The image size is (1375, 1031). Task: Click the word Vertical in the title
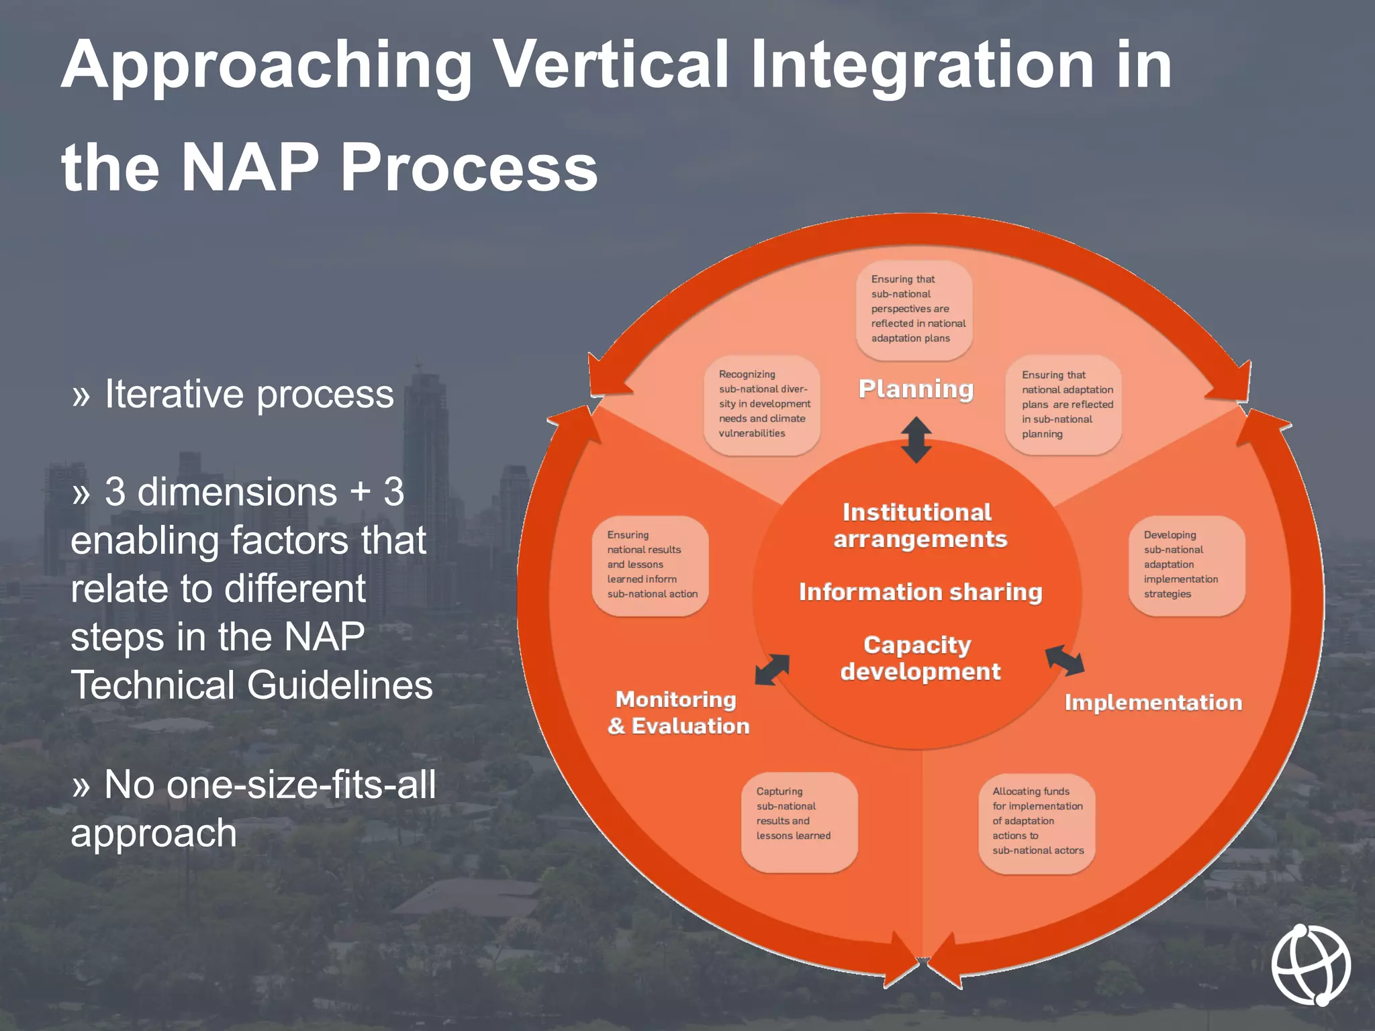point(610,65)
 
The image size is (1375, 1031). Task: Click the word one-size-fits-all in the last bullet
point(302,784)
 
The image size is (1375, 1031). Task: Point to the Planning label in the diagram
point(916,389)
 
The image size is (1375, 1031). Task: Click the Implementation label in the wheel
point(1153,703)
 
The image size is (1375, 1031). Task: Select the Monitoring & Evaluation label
point(678,713)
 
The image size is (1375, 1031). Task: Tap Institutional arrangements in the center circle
point(919,526)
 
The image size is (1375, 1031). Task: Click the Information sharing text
point(920,592)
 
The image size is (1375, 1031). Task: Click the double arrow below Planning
point(916,440)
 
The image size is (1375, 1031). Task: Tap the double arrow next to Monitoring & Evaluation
point(772,669)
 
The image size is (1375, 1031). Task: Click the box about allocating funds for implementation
point(1037,822)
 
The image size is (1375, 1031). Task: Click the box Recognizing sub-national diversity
point(762,405)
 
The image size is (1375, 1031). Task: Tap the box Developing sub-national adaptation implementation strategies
point(1186,565)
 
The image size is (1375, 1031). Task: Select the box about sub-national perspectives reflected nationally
point(914,309)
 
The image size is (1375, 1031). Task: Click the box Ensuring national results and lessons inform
point(650,565)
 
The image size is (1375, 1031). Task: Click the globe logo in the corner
point(1311,964)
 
